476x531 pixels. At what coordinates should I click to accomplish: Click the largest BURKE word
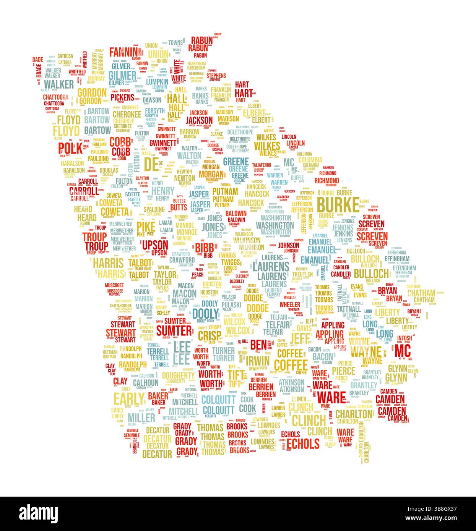pyautogui.click(x=338, y=205)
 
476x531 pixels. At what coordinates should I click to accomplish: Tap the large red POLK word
pyautogui.click(x=70, y=148)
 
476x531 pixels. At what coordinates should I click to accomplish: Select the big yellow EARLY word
pyautogui.click(x=128, y=398)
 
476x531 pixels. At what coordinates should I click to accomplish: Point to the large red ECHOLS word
pyautogui.click(x=303, y=444)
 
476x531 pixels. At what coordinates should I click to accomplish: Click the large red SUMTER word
pyautogui.click(x=174, y=330)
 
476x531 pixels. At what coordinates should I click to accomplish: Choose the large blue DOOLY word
pyautogui.click(x=205, y=313)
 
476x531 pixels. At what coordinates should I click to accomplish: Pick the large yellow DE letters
pyautogui.click(x=151, y=164)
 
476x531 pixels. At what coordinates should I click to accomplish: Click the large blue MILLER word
pyautogui.click(x=141, y=417)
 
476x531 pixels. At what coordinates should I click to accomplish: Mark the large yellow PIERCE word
pyautogui.click(x=343, y=371)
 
